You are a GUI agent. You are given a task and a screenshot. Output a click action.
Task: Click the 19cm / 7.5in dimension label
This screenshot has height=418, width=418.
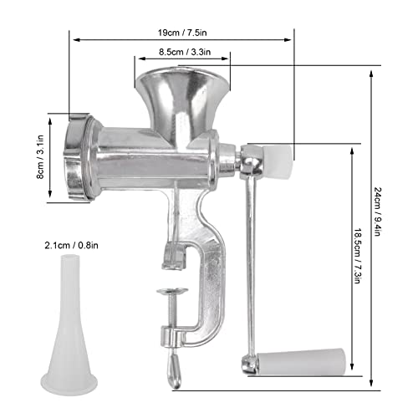[182, 33]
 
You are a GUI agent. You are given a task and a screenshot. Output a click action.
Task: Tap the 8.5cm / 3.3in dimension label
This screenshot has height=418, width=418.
[185, 52]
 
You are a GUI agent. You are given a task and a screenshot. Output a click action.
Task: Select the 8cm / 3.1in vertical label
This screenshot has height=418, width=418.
[41, 157]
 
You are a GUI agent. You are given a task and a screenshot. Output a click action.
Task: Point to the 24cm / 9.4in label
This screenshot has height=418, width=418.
[377, 212]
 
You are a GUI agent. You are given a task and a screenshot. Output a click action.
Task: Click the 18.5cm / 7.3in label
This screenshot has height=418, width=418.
[358, 256]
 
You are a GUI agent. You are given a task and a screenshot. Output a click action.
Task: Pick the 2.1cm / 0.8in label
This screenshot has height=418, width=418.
[71, 246]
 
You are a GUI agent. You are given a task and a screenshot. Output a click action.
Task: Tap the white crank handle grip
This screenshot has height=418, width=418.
[301, 361]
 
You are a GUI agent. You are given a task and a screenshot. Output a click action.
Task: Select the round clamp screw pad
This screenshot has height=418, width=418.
[172, 292]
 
